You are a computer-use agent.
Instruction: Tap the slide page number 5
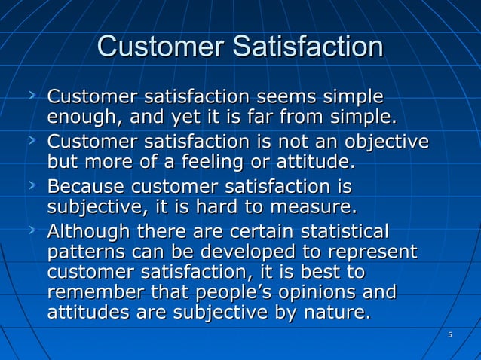click(x=449, y=334)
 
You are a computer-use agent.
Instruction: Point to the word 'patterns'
click(x=81, y=251)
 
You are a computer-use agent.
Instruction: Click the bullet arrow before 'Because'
click(x=32, y=185)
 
